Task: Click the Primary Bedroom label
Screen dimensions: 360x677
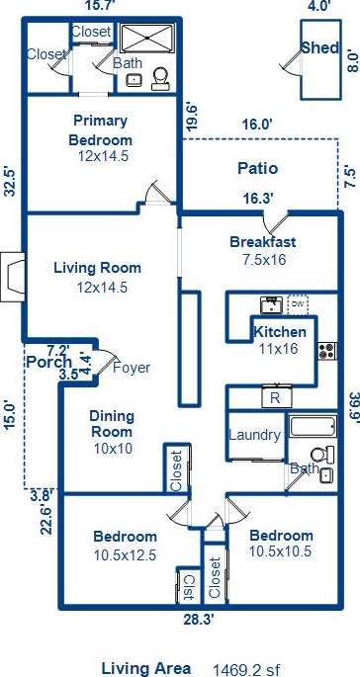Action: click(101, 129)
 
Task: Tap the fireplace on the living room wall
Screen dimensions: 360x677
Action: click(12, 277)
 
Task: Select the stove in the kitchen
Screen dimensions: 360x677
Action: click(327, 351)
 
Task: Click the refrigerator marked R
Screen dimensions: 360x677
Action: click(277, 397)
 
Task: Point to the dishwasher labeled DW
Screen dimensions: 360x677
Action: click(298, 304)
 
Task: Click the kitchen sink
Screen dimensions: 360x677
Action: click(272, 304)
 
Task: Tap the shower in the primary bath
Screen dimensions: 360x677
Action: click(147, 38)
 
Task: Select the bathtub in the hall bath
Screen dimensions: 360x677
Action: click(313, 426)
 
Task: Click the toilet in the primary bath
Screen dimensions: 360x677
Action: click(161, 79)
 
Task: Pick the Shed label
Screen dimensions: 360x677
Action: click(320, 47)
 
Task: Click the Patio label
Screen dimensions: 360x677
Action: click(257, 168)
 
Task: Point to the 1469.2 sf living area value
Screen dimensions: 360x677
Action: click(245, 669)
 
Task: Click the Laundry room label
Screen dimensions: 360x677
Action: click(254, 435)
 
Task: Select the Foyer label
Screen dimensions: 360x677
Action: click(132, 368)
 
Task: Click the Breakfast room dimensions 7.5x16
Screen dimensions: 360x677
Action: click(264, 260)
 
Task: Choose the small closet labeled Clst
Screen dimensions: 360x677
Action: click(189, 587)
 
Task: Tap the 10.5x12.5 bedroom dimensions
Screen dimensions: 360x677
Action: click(125, 554)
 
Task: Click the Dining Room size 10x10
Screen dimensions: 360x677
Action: click(113, 448)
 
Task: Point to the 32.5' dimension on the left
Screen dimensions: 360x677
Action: click(10, 181)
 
